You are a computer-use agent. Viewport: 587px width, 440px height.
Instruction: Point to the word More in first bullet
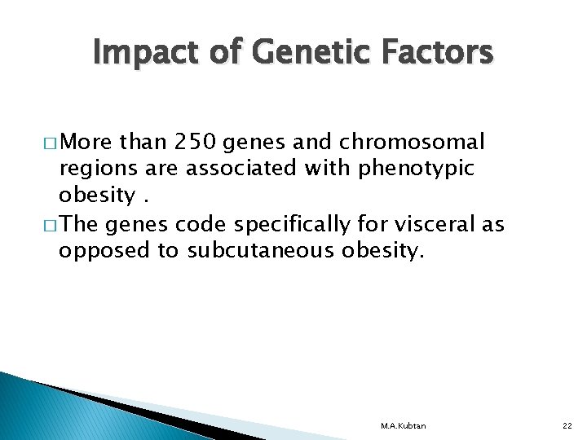click(87, 143)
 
